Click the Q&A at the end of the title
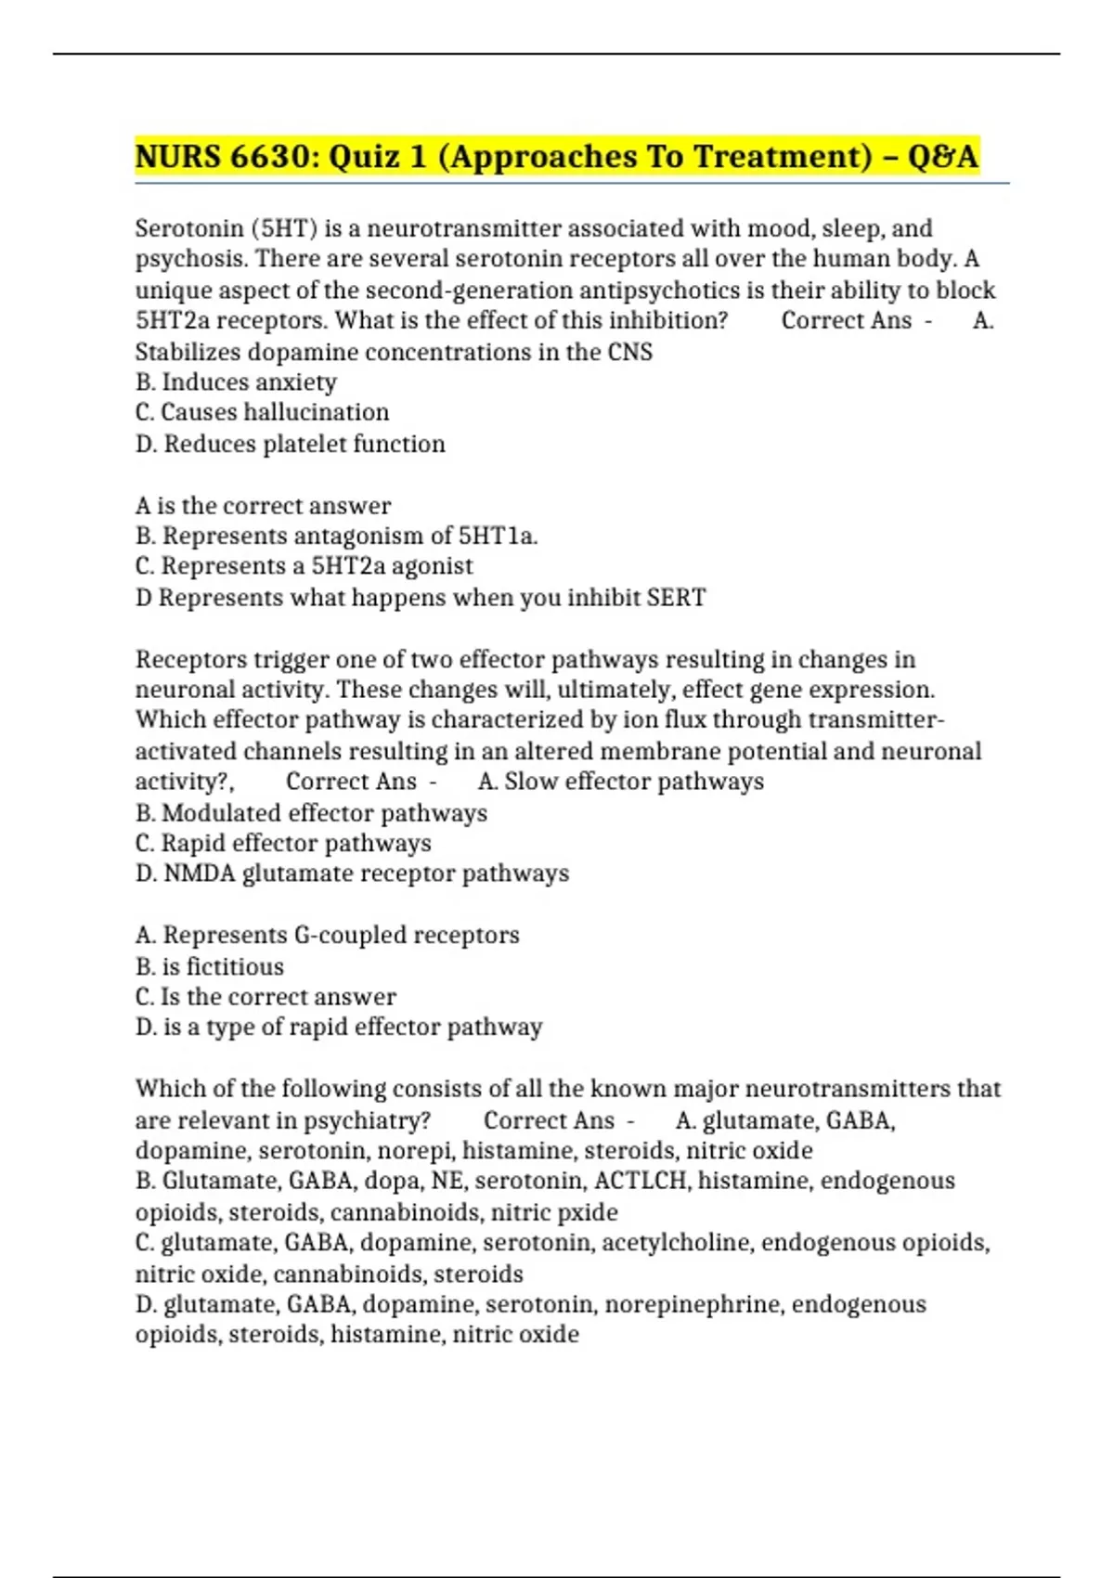point(943,156)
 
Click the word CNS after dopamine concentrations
point(630,352)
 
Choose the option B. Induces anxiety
point(236,382)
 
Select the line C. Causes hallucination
point(262,412)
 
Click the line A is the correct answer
point(263,506)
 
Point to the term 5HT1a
point(498,536)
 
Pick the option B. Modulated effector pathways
point(311,813)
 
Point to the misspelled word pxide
point(587,1212)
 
